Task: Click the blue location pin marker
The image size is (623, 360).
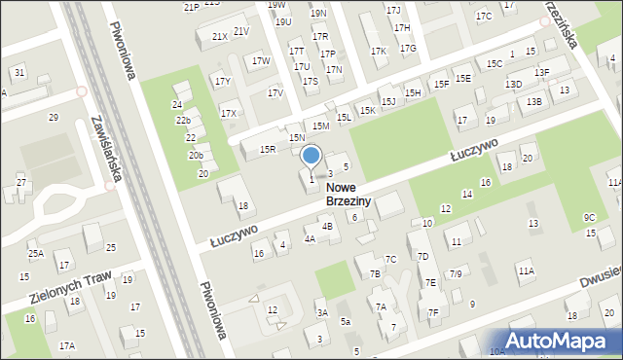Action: tap(311, 156)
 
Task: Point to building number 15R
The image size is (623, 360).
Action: tap(268, 149)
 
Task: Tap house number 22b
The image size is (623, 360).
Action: tap(183, 121)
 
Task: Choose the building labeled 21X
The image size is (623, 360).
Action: tap(220, 37)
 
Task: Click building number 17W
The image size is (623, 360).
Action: tap(261, 61)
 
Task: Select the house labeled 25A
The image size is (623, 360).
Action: tap(35, 254)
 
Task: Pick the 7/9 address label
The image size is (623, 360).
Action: tap(455, 274)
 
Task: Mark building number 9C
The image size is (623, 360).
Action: tap(589, 217)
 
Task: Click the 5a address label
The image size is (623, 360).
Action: tap(345, 322)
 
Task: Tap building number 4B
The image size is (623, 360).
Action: tap(327, 227)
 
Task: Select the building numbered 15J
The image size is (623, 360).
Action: tap(388, 101)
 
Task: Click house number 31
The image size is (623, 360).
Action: tap(19, 73)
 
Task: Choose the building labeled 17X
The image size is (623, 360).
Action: tap(229, 114)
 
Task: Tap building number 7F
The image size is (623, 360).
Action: tap(433, 312)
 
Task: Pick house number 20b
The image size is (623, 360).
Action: tap(196, 156)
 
